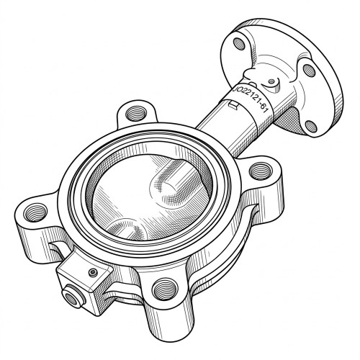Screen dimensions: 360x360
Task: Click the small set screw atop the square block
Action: [x=93, y=272]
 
